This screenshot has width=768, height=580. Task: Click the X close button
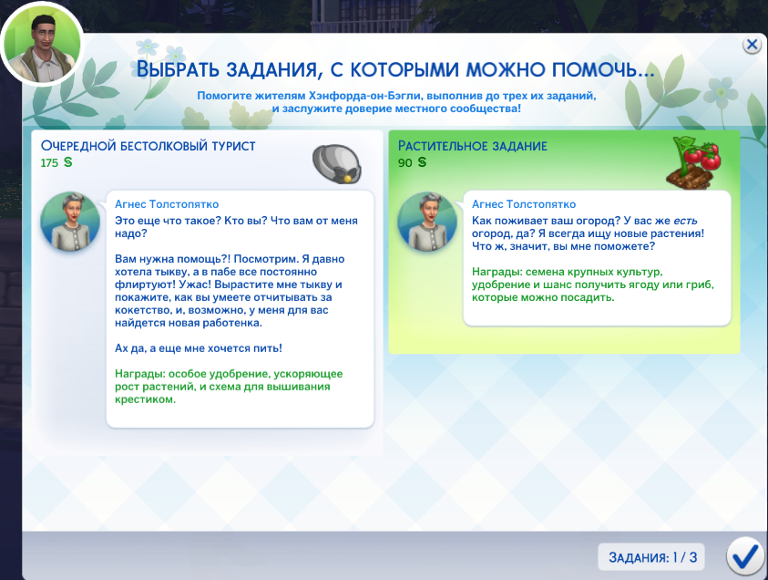pyautogui.click(x=752, y=45)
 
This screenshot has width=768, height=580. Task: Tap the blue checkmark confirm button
pyautogui.click(x=745, y=556)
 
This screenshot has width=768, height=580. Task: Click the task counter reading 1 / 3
pyautogui.click(x=651, y=557)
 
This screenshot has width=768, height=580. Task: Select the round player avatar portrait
pyautogui.click(x=42, y=44)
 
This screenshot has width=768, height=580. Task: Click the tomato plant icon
pyautogui.click(x=694, y=161)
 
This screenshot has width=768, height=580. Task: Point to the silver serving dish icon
pyautogui.click(x=336, y=164)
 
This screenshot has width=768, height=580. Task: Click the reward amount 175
pyautogui.click(x=49, y=162)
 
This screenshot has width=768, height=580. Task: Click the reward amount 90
pyautogui.click(x=404, y=162)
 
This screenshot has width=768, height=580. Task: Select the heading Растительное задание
pyautogui.click(x=472, y=146)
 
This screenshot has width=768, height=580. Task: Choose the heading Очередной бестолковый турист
pyautogui.click(x=148, y=146)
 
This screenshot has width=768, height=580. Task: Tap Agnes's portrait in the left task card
pyautogui.click(x=70, y=221)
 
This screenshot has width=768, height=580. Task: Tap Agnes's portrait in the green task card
pyautogui.click(x=427, y=221)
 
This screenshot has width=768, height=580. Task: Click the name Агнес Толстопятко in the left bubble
pyautogui.click(x=167, y=204)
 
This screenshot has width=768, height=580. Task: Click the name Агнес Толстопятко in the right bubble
pyautogui.click(x=524, y=204)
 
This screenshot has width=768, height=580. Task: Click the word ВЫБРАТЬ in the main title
pyautogui.click(x=178, y=69)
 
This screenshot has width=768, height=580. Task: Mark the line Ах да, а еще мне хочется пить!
pyautogui.click(x=199, y=348)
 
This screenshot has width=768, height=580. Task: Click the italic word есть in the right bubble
pyautogui.click(x=685, y=221)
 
